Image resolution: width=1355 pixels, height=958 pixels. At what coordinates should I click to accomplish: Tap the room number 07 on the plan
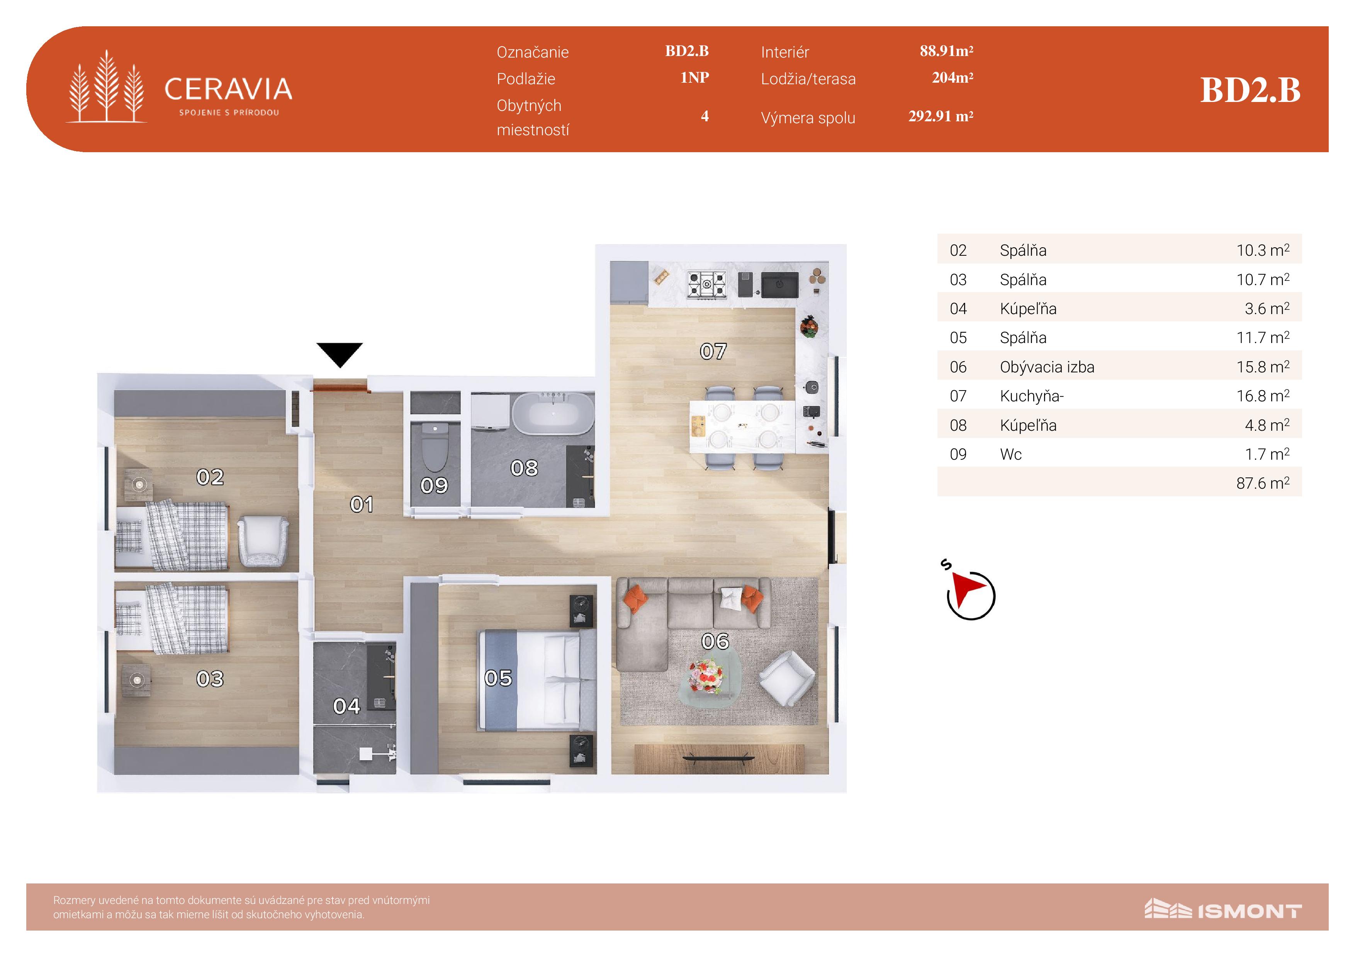click(x=713, y=352)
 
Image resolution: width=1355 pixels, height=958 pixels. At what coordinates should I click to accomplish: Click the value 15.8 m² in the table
click(x=1263, y=367)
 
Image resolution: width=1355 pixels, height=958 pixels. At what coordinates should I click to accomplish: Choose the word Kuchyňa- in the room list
click(x=1032, y=396)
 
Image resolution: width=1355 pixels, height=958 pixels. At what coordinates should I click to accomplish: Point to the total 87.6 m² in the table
click(x=1263, y=483)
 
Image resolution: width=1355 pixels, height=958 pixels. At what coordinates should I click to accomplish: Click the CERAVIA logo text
click(x=228, y=89)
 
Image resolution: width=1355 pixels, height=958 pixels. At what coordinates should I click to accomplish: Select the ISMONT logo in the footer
click(x=1223, y=910)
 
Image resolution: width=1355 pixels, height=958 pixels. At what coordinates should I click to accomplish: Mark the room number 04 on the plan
click(x=346, y=706)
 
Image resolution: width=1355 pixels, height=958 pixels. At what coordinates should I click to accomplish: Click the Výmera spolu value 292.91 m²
click(x=941, y=116)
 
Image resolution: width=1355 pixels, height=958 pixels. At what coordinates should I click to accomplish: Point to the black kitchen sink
click(x=779, y=285)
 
